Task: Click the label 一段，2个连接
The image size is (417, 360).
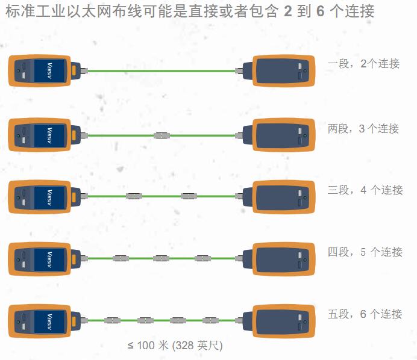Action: click(x=363, y=64)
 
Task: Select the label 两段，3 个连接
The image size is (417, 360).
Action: click(x=363, y=129)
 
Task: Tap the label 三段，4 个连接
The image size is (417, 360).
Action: click(x=365, y=190)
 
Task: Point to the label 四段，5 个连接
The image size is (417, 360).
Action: click(x=365, y=252)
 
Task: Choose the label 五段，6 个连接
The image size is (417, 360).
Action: click(x=365, y=314)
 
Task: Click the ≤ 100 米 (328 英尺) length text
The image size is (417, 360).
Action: click(x=175, y=346)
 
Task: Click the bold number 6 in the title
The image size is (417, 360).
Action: click(x=321, y=11)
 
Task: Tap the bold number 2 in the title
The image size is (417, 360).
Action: click(x=288, y=11)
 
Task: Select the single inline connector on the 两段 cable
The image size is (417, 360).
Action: click(x=161, y=135)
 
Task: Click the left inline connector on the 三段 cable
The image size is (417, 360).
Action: click(x=134, y=196)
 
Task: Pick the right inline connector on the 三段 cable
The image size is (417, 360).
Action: click(x=189, y=196)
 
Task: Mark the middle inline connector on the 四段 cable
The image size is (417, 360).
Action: click(x=161, y=258)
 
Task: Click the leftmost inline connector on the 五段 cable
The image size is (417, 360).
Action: click(x=112, y=320)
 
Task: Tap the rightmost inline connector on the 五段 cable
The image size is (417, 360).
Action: click(x=211, y=320)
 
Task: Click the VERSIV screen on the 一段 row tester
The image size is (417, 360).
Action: click(x=49, y=70)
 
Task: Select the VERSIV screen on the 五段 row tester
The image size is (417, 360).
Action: click(x=49, y=321)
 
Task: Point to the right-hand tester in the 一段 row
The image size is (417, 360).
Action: click(x=279, y=71)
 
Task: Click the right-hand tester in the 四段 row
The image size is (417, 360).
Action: click(x=279, y=259)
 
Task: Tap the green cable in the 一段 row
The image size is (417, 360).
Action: click(x=161, y=71)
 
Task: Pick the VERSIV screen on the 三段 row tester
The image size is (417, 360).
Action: click(x=49, y=197)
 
